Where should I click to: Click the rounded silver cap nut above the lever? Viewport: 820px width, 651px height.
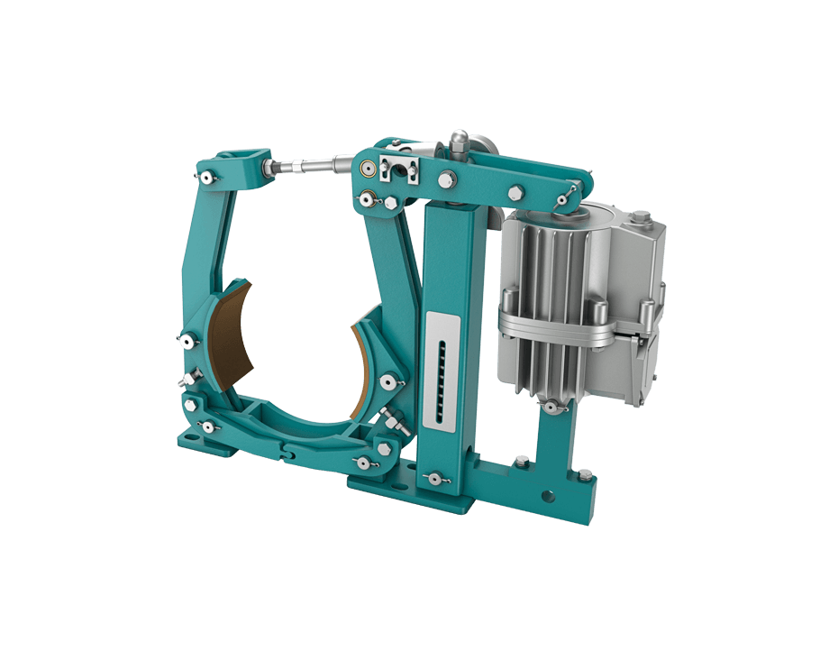pyautogui.click(x=458, y=139)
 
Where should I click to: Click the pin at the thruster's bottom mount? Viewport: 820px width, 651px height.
pyautogui.click(x=549, y=408)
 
